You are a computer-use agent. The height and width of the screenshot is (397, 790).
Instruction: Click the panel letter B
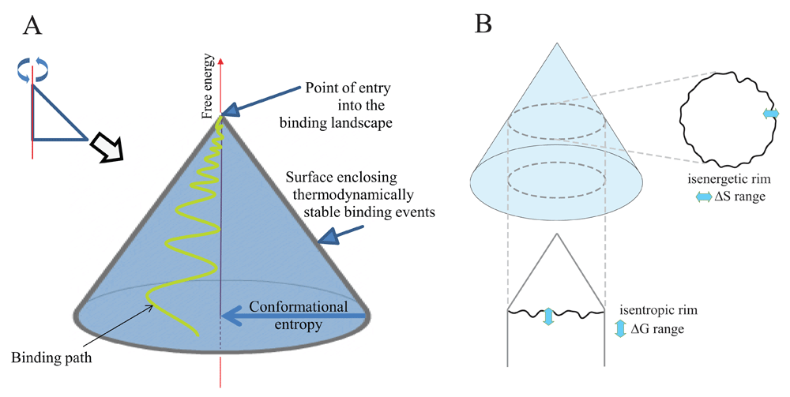[x=483, y=24]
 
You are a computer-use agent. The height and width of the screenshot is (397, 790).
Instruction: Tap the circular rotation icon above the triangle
[x=32, y=72]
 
